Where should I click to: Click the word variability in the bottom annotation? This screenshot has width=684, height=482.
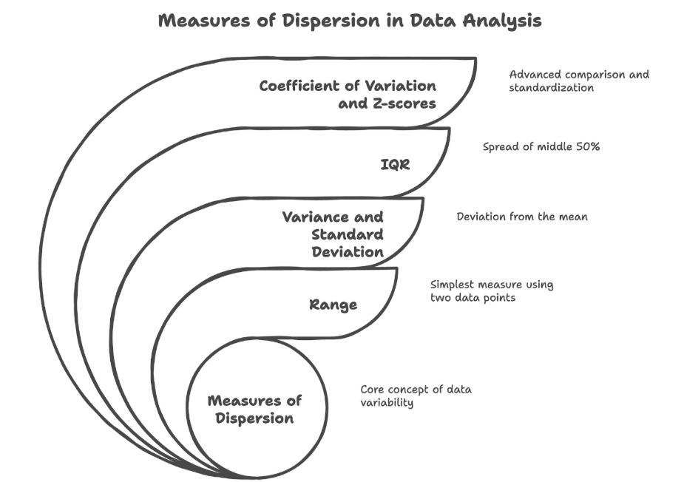(387, 403)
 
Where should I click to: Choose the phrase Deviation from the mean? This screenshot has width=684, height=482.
(521, 217)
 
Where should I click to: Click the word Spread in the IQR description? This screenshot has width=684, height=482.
(501, 147)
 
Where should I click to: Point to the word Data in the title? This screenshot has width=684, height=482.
(433, 21)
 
